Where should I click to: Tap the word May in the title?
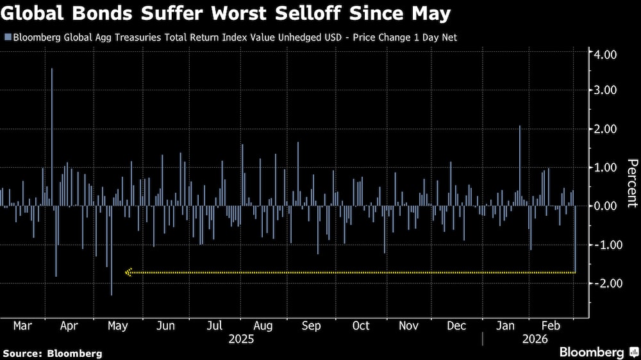426,13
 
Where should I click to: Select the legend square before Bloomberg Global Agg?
6,37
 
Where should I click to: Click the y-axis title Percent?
631,183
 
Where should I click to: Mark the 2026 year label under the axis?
534,339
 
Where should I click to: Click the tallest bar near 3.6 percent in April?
52,128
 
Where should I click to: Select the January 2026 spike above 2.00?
519,160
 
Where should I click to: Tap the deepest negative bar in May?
112,256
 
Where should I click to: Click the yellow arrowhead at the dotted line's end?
128,273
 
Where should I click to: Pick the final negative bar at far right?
575,243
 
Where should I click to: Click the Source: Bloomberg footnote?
52,353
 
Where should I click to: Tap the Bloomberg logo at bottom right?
596,352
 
